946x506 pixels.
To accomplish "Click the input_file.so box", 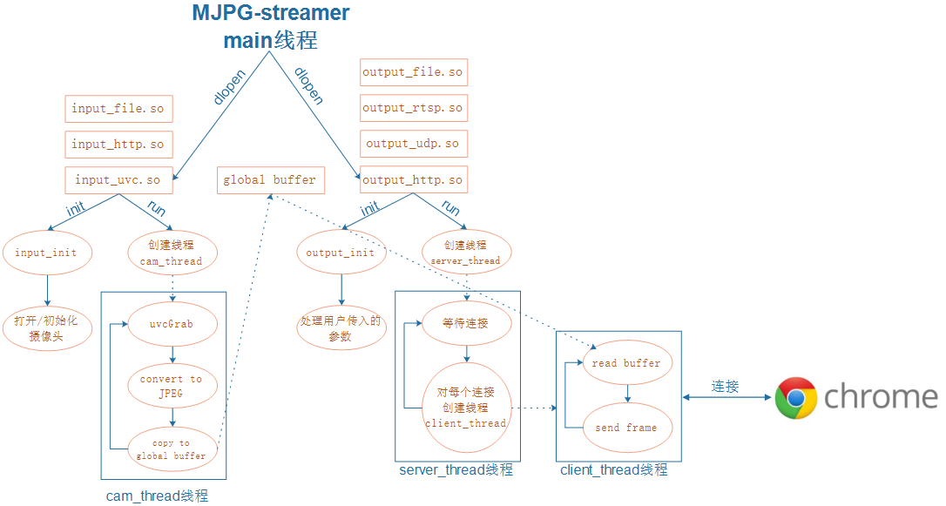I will [x=118, y=109].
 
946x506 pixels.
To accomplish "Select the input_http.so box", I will [x=118, y=145].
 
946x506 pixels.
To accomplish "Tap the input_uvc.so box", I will [x=118, y=180].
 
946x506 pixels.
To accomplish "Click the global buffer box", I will [x=270, y=180].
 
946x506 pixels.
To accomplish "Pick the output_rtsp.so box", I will [x=413, y=108].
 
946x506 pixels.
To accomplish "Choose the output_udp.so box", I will [x=413, y=144].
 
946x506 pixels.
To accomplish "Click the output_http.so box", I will [x=413, y=180].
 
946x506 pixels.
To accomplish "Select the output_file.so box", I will [x=413, y=72].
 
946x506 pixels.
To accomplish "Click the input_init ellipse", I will [x=46, y=253].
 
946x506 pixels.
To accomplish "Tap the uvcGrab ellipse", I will [x=172, y=324].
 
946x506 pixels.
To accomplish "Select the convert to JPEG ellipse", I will [x=172, y=386].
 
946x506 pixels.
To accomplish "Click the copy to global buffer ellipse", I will [x=172, y=449].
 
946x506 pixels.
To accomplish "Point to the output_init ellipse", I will [x=341, y=253].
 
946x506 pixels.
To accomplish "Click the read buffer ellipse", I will [x=626, y=363].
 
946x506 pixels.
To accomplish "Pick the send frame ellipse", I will [x=626, y=428].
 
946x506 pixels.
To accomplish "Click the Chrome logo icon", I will [x=796, y=398].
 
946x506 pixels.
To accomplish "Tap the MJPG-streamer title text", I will [x=271, y=14].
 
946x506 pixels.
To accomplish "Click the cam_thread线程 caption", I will [x=158, y=496].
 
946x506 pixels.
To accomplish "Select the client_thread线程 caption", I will [x=613, y=470].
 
